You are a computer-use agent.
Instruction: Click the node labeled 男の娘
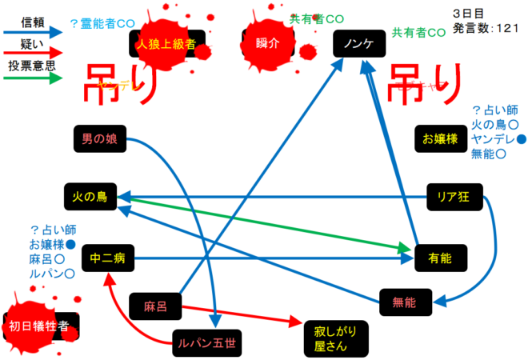(x=100, y=138)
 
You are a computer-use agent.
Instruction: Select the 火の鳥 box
(x=90, y=196)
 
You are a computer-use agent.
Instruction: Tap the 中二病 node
(x=106, y=258)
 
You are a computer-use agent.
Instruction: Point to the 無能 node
(x=404, y=302)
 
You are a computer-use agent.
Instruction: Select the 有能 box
(x=440, y=258)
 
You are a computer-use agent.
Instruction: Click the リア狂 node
(x=454, y=196)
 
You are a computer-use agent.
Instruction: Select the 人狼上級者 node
(x=166, y=43)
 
